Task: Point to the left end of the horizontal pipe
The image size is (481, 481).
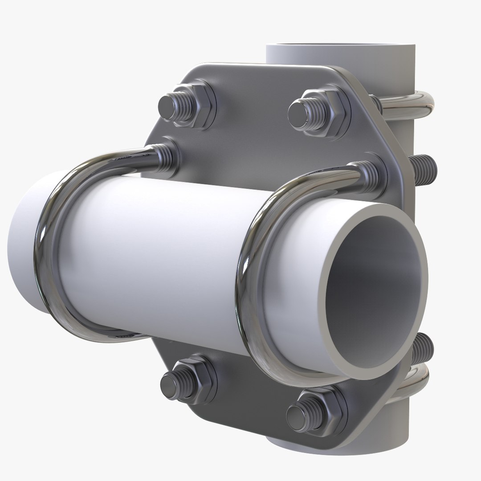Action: coord(22,249)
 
